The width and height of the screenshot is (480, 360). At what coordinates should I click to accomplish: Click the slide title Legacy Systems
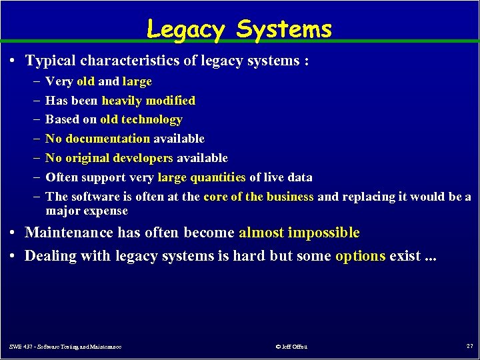(x=239, y=29)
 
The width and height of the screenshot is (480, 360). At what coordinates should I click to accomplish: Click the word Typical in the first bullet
(x=51, y=61)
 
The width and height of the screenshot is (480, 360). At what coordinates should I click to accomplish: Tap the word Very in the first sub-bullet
(x=59, y=81)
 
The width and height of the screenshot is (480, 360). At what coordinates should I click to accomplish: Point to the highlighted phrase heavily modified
(x=148, y=101)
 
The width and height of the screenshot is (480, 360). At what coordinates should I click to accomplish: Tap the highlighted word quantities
(x=217, y=177)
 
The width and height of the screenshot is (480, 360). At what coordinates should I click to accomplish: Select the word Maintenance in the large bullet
(x=69, y=233)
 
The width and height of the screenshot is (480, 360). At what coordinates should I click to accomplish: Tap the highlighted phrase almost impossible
(x=299, y=233)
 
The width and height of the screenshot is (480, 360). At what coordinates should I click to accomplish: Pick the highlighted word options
(x=360, y=256)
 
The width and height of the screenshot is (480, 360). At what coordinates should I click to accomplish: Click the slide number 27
(x=469, y=345)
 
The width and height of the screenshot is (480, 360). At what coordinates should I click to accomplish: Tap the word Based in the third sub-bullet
(x=61, y=120)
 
